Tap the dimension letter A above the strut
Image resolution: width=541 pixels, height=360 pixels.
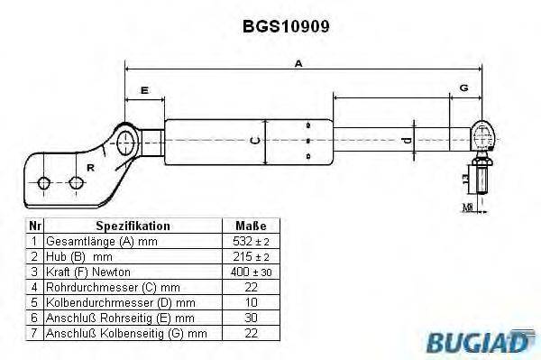click(298, 63)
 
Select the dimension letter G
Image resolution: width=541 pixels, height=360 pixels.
click(463, 88)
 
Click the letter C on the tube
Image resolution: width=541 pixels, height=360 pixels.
click(255, 140)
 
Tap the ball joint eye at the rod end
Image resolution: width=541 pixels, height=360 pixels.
click(481, 137)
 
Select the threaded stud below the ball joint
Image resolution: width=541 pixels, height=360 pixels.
click(482, 179)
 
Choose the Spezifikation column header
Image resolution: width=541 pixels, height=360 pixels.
click(133, 226)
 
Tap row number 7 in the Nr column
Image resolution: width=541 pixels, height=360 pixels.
click(34, 333)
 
